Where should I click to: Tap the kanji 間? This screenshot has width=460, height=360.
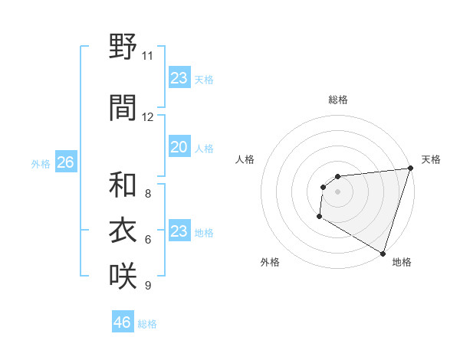123,106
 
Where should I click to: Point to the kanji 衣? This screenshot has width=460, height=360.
123,230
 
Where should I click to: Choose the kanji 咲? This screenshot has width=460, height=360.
123,275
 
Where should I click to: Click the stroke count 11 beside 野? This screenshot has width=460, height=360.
148,56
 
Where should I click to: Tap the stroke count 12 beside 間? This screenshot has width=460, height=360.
148,117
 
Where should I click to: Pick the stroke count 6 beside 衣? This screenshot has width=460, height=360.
148,240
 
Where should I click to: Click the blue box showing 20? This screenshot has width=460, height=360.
179,147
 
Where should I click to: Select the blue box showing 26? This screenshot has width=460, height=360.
65,162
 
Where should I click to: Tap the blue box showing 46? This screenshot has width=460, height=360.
123,322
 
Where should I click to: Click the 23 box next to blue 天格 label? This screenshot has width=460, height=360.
179,78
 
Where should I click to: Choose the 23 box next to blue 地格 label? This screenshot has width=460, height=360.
179,231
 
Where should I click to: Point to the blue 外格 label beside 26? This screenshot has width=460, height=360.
41,163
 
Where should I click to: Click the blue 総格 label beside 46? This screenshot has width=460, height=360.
147,323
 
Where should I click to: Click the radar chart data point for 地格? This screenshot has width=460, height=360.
383,252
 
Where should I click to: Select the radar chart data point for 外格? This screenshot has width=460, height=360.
319,218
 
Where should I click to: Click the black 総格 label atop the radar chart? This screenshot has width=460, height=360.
337,100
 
